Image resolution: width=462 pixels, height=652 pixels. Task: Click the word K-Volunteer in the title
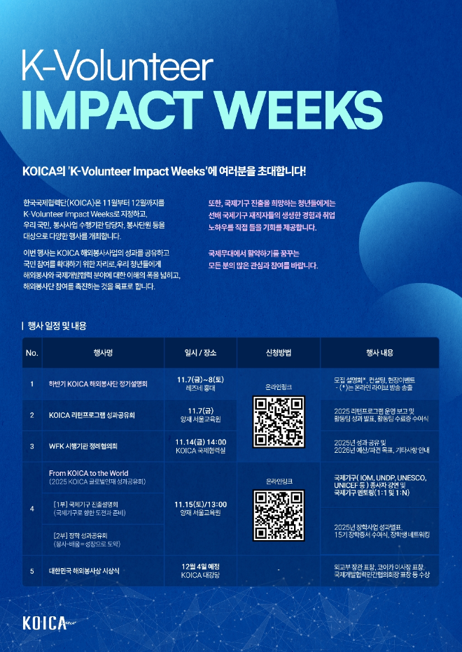click(x=118, y=67)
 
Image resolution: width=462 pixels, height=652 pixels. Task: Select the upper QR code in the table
click(x=279, y=421)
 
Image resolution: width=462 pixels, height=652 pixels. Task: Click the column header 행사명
click(x=103, y=353)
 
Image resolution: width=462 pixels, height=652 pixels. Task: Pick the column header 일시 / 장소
click(x=200, y=353)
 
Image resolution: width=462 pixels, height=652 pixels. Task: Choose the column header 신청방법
click(x=279, y=353)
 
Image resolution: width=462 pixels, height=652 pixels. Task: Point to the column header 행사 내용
click(x=379, y=353)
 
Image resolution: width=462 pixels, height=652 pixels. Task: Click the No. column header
click(x=31, y=353)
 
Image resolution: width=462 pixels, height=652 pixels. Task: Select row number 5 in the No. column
click(x=31, y=571)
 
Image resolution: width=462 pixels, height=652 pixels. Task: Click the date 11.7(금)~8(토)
click(x=200, y=379)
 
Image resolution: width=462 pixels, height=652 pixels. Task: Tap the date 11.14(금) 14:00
click(x=200, y=442)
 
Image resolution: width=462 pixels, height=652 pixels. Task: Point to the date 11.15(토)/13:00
click(x=200, y=504)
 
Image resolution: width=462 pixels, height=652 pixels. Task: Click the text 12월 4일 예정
click(x=200, y=566)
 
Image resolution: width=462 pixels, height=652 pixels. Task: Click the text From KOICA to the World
click(x=89, y=473)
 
